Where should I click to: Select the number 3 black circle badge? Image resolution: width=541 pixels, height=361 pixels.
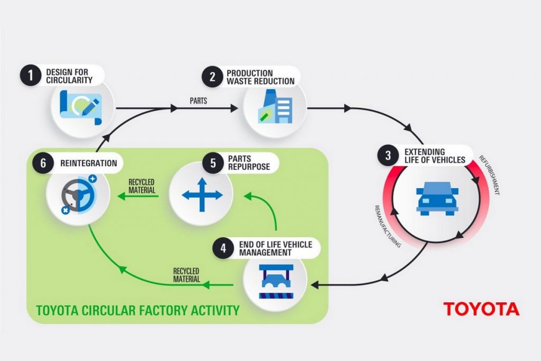coord(388,155)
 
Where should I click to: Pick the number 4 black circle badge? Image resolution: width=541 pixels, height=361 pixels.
coord(223,248)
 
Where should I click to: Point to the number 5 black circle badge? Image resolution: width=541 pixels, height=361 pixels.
coord(213,163)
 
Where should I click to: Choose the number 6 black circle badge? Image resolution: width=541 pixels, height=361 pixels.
coord(42,163)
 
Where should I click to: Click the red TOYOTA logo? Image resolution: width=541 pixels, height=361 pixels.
coord(481,309)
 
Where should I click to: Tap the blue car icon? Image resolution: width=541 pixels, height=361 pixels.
coord(437,198)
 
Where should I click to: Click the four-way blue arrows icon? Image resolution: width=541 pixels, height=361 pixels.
coord(202,195)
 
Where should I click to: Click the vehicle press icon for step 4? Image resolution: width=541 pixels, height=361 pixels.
coord(275,286)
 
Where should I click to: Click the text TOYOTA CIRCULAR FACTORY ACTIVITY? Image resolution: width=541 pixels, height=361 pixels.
coord(137,309)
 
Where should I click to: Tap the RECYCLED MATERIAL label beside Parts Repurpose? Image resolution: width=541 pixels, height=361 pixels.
coord(142,186)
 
